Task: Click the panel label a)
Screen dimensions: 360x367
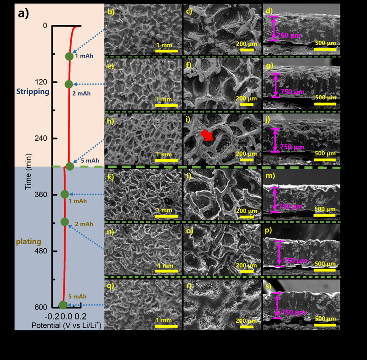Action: coord(23,13)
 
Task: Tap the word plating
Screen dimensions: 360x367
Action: coord(29,241)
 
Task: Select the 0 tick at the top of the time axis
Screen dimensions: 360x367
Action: coord(45,26)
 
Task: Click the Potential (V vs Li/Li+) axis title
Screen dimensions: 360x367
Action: coord(66,325)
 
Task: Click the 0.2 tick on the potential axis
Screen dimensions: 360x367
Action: coord(81,316)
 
